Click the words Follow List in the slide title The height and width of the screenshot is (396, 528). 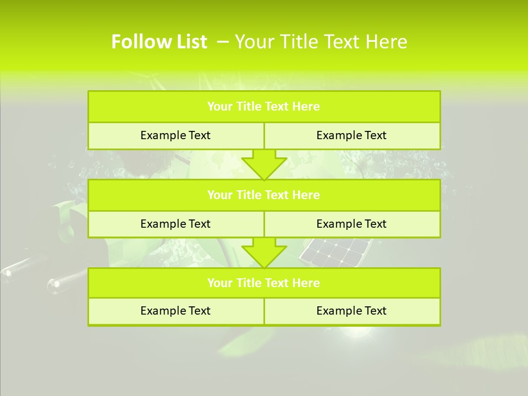pyautogui.click(x=159, y=42)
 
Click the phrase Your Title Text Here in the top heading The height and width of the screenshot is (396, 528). pyautogui.click(x=321, y=42)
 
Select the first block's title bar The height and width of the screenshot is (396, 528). pyautogui.click(x=264, y=107)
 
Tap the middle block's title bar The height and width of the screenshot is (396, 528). pyautogui.click(x=264, y=195)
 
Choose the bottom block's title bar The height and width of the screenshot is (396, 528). pyautogui.click(x=264, y=283)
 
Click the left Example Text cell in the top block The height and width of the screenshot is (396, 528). pyautogui.click(x=175, y=135)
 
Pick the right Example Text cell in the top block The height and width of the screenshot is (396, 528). pyautogui.click(x=351, y=135)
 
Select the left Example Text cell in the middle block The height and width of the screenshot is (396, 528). pyautogui.click(x=175, y=224)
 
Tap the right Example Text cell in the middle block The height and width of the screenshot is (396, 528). pyautogui.click(x=351, y=224)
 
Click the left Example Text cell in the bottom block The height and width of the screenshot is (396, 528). pyautogui.click(x=175, y=311)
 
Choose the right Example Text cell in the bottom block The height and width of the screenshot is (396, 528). pyautogui.click(x=351, y=311)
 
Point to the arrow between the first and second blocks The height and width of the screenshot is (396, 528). pyautogui.click(x=264, y=164)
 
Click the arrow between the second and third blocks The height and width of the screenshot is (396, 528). pyautogui.click(x=264, y=252)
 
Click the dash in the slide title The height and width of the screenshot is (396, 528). pyautogui.click(x=223, y=42)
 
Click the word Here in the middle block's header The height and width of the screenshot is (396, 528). pyautogui.click(x=306, y=195)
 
